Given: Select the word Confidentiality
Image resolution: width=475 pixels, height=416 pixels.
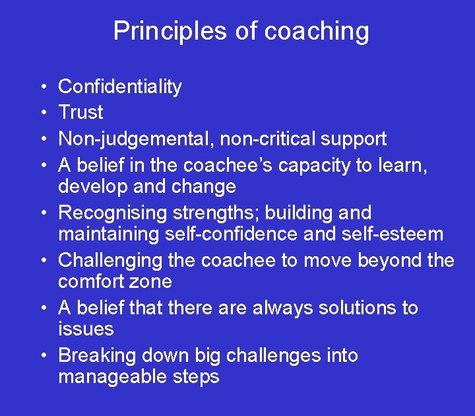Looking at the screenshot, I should pyautogui.click(x=120, y=87).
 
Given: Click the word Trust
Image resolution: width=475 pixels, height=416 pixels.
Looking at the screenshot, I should pyautogui.click(x=80, y=112).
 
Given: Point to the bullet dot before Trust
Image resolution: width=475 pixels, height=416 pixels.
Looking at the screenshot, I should pyautogui.click(x=42, y=113).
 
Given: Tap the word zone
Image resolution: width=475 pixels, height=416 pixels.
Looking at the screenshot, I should pyautogui.click(x=153, y=281).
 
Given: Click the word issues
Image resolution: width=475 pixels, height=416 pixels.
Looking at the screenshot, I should pyautogui.click(x=86, y=329).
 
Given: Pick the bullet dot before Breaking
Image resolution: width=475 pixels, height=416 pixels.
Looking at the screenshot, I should pyautogui.click(x=42, y=356).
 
